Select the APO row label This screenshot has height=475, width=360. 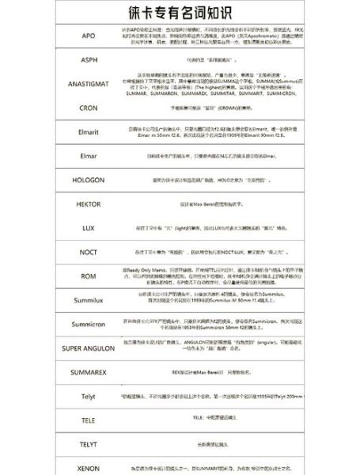[89, 36]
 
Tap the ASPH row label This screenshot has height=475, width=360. [89, 60]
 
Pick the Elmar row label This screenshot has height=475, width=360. [89, 156]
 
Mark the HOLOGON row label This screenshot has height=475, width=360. [89, 180]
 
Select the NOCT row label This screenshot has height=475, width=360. [89, 252]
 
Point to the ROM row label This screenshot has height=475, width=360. [89, 275]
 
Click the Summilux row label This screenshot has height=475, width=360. [89, 300]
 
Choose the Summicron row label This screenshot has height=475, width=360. [89, 325]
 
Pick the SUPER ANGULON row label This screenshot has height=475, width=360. [89, 348]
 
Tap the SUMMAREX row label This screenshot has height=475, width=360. [89, 371]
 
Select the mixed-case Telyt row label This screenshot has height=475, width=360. [89, 395]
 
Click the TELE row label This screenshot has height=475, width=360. [89, 420]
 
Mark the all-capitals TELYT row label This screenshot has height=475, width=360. [89, 444]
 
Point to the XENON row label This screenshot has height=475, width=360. [89, 468]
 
